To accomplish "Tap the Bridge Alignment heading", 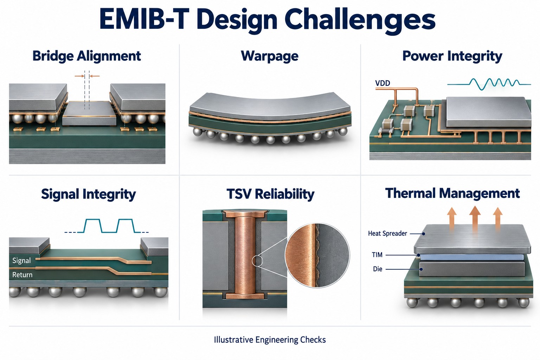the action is (x=86, y=56).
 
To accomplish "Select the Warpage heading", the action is (x=270, y=56).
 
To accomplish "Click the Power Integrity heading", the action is (x=452, y=56).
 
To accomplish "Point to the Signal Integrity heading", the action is (x=88, y=194).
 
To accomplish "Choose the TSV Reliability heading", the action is (x=270, y=194).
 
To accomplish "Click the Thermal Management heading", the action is (x=452, y=193).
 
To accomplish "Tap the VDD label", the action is (x=382, y=83).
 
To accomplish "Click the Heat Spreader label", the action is (x=387, y=233).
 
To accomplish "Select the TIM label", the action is (x=377, y=255).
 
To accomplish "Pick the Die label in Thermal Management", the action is (x=378, y=269).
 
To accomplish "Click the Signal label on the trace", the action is (x=21, y=261).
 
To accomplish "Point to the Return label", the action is (x=22, y=275).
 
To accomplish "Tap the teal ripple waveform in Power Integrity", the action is (x=489, y=84).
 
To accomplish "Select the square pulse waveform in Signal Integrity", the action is (x=106, y=226).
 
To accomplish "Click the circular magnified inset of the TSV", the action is (x=317, y=255).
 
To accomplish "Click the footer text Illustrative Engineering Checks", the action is (x=270, y=340).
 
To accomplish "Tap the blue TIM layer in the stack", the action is (x=471, y=257).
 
